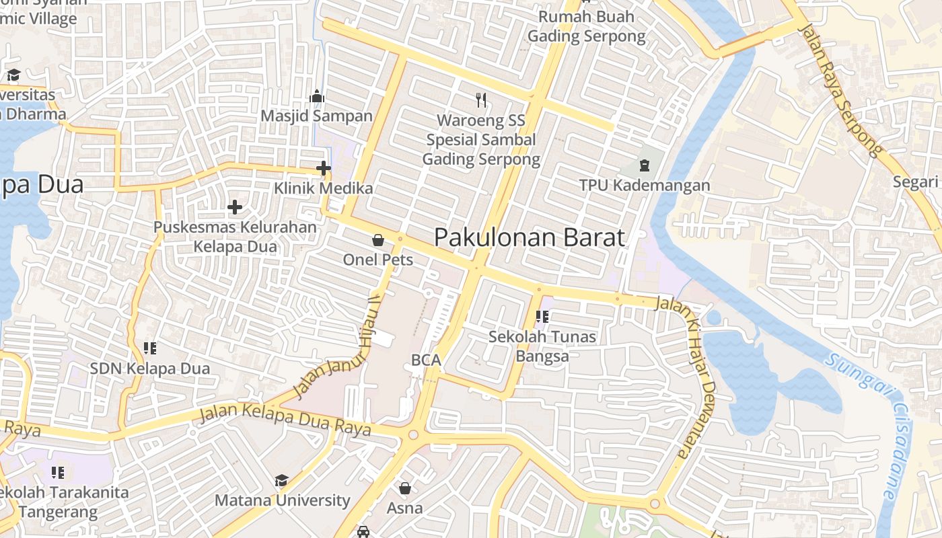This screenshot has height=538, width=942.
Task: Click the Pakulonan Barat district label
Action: [530, 237]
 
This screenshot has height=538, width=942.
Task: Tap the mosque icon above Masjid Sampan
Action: [317, 97]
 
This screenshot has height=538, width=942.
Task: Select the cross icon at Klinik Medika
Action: [324, 168]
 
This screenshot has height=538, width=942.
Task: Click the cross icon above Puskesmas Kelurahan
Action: [235, 207]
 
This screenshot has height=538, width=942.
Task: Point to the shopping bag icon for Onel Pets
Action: [378, 240]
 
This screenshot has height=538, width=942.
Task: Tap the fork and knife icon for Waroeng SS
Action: [480, 100]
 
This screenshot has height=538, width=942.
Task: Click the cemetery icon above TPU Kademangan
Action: [644, 165]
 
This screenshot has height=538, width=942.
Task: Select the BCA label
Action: [426, 360]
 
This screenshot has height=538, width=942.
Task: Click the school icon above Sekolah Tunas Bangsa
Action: [542, 316]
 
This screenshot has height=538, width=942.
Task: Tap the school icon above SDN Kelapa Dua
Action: [150, 348]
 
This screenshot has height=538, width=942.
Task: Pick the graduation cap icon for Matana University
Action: [282, 480]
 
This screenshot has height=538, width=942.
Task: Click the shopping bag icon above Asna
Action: [405, 488]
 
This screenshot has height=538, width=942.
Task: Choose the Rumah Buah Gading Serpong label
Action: [586, 26]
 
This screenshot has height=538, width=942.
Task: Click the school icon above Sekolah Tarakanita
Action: [58, 472]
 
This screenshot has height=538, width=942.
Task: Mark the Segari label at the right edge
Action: [915, 182]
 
